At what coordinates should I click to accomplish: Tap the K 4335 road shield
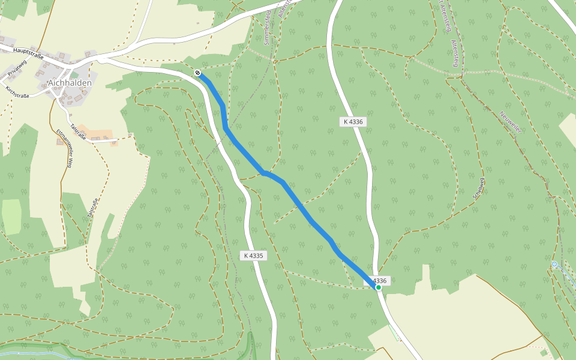click(x=254, y=256)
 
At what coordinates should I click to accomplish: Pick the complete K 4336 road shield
click(x=353, y=122)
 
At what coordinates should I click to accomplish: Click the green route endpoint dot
click(x=379, y=287)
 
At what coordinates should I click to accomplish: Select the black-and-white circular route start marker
click(x=197, y=73)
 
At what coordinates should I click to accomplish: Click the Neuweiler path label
click(x=509, y=122)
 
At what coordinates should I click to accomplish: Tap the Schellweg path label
click(x=478, y=188)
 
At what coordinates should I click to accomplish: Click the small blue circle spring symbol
click(x=554, y=264)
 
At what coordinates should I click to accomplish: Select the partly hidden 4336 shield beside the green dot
click(x=380, y=280)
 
